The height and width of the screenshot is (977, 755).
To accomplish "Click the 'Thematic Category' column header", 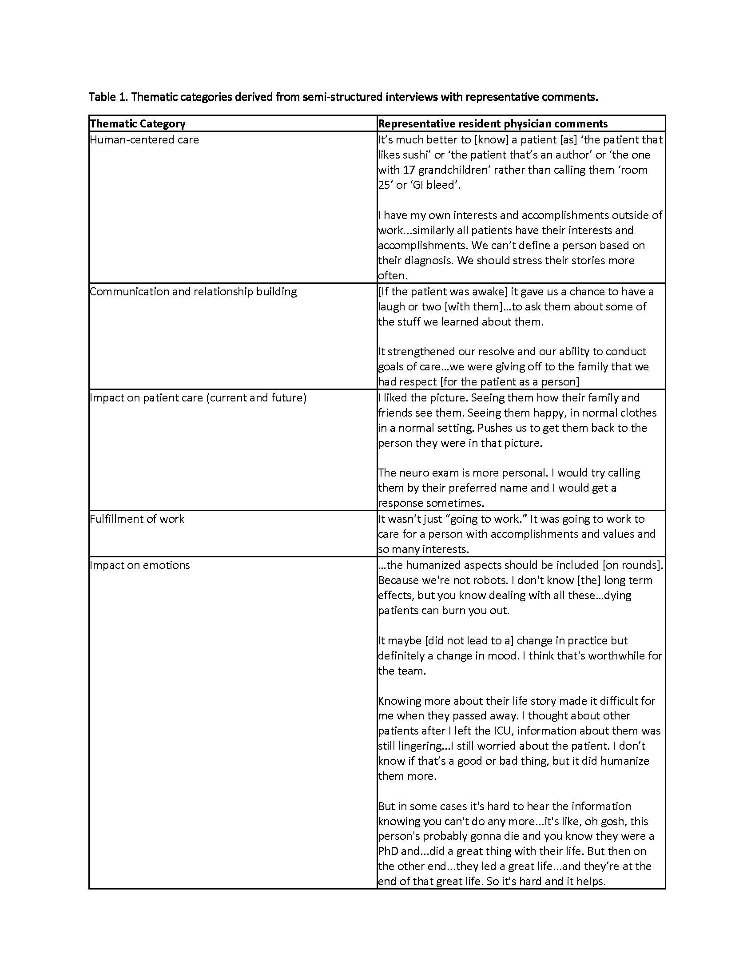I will pos(137,124).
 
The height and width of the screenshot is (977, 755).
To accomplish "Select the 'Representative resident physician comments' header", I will pos(493,124).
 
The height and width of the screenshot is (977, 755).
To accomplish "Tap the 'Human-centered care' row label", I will pos(144,140).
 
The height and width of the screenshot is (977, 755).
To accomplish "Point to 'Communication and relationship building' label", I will pos(193,292).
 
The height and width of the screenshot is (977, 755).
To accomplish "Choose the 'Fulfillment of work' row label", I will pos(137,519).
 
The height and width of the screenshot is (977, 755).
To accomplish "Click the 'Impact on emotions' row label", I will pos(139,565).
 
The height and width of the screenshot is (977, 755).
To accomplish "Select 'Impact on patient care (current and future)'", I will pos(198,398).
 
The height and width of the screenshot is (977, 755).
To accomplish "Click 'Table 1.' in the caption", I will pos(108,97).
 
